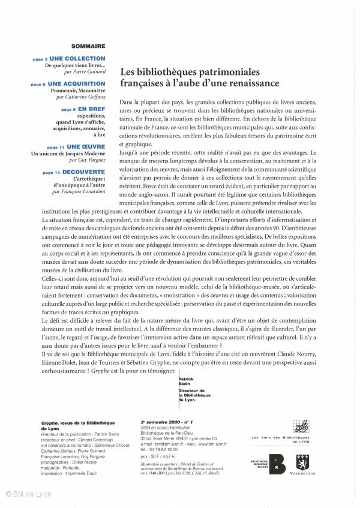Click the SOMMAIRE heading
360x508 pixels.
click(x=88, y=46)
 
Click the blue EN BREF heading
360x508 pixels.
click(x=92, y=110)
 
